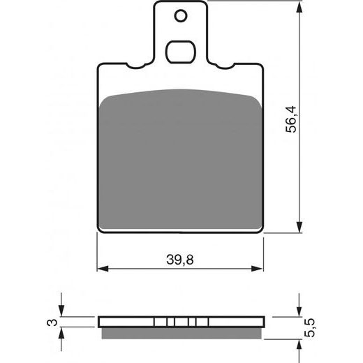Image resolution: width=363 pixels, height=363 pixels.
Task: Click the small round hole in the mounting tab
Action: pyautogui.click(x=181, y=16)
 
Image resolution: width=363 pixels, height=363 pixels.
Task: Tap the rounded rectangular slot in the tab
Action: pyautogui.click(x=181, y=51)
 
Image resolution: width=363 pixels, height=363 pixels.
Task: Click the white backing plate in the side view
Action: pyautogui.click(x=126, y=322)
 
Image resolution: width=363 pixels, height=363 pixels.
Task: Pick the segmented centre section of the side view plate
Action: pyautogui.click(x=181, y=322)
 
